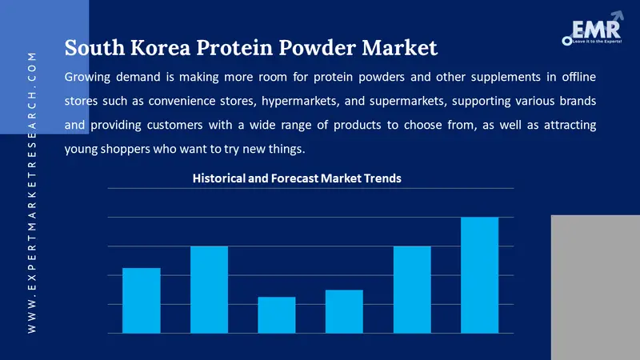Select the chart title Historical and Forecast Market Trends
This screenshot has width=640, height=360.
click(x=297, y=178)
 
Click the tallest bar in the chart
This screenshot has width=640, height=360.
click(x=480, y=274)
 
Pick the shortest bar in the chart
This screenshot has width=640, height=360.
click(x=276, y=314)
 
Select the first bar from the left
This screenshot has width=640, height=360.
click(x=141, y=300)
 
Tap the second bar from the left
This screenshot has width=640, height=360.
click(x=209, y=289)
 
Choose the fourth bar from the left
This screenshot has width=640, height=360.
click(x=344, y=311)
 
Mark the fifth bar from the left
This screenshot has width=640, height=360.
click(x=412, y=289)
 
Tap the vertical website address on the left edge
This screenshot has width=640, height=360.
click(x=32, y=192)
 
